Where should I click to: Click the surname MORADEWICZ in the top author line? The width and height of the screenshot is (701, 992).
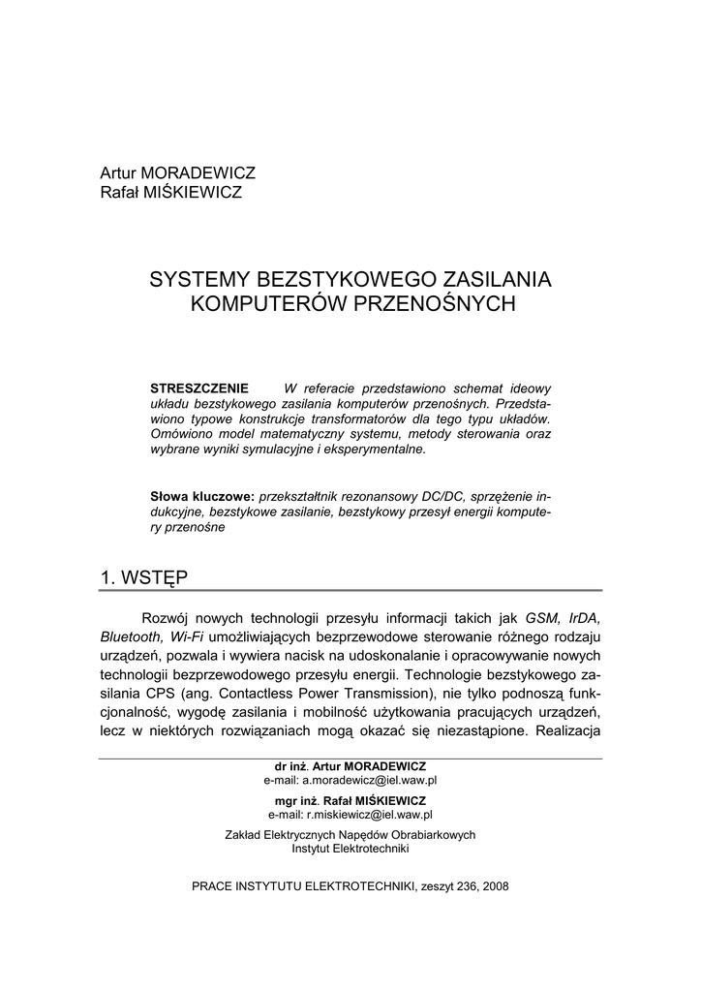click(203, 173)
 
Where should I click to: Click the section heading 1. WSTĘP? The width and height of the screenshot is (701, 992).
click(144, 577)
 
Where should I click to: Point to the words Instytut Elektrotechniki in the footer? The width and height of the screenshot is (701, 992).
click(350, 849)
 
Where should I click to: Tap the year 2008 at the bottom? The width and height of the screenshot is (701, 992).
click(494, 885)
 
